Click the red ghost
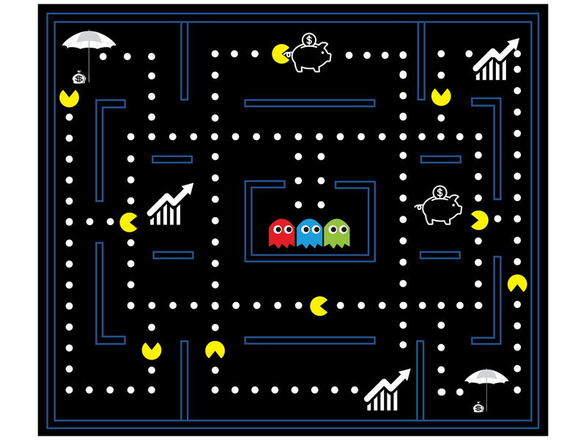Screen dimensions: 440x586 pyautogui.click(x=281, y=233)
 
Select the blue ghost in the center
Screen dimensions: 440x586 pyautogui.click(x=309, y=233)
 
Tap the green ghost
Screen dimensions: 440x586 pyautogui.click(x=337, y=233)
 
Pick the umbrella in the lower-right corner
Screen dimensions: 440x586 pyautogui.click(x=486, y=378)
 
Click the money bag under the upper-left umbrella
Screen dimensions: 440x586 pyautogui.click(x=78, y=77)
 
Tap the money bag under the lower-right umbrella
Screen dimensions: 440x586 pyautogui.click(x=478, y=407)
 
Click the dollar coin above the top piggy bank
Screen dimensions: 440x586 pyautogui.click(x=308, y=40)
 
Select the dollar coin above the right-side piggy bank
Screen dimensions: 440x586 pyautogui.click(x=439, y=193)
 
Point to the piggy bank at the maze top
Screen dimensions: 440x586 pyautogui.click(x=311, y=56)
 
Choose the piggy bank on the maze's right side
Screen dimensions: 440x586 pyautogui.click(x=440, y=209)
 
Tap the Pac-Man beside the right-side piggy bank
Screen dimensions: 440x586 pyautogui.click(x=479, y=219)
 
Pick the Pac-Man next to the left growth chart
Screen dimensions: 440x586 pyautogui.click(x=129, y=221)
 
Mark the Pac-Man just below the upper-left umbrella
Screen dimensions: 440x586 pyautogui.click(x=69, y=97)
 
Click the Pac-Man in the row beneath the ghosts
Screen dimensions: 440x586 pyautogui.click(x=319, y=306)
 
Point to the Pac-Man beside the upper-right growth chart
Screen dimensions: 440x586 pyautogui.click(x=441, y=96)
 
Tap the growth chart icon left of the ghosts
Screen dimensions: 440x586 pyautogui.click(x=169, y=205)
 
